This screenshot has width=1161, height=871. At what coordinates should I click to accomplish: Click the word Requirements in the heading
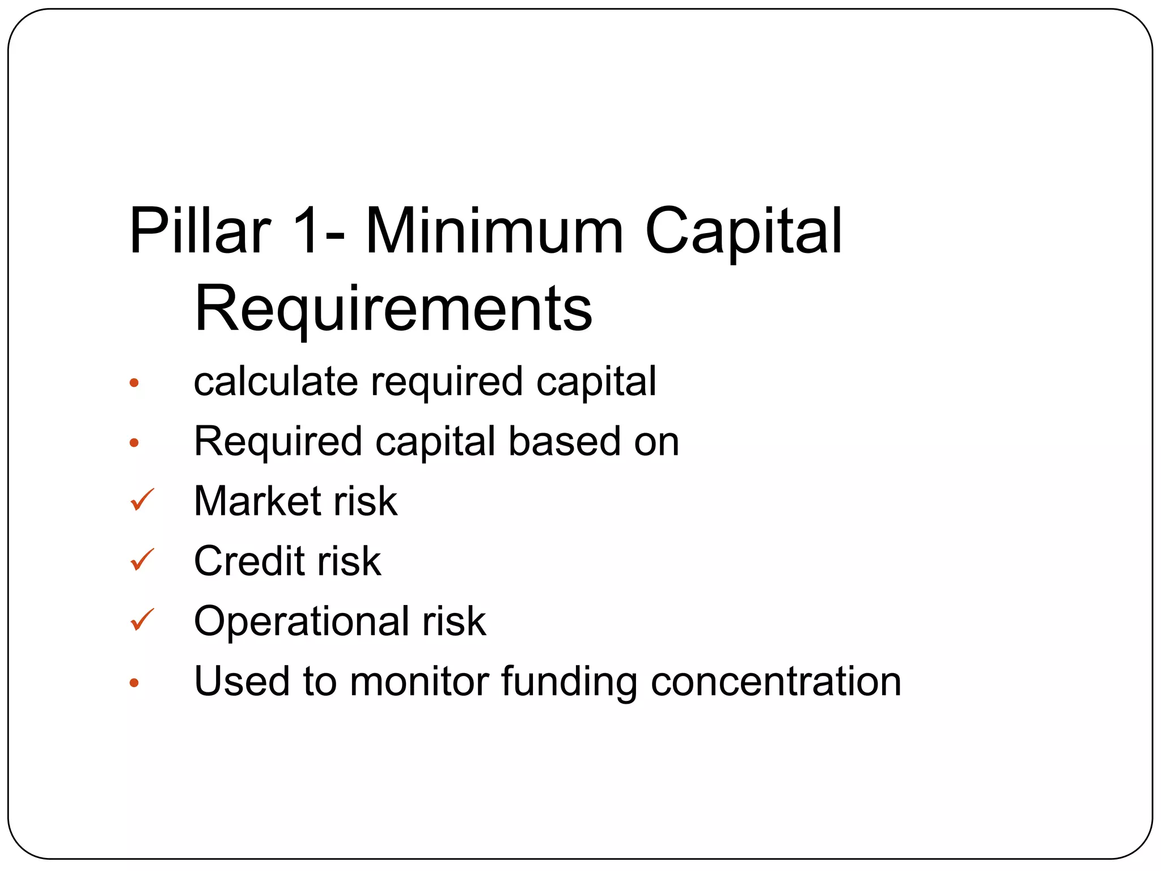(x=393, y=310)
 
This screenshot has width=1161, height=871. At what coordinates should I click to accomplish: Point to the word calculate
(x=276, y=381)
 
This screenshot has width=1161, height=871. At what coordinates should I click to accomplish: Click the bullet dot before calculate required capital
(x=134, y=383)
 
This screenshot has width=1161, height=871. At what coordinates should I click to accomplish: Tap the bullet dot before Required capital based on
(x=134, y=443)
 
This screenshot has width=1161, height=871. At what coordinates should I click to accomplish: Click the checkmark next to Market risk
(x=142, y=500)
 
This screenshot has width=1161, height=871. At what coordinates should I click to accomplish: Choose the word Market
(x=257, y=501)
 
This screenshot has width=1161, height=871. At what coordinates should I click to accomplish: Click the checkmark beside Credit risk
(x=142, y=560)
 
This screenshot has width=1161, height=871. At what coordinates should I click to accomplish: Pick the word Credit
(x=249, y=561)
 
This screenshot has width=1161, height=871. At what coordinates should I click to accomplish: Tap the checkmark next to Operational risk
(x=142, y=620)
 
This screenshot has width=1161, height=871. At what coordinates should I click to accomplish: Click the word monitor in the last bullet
(x=420, y=682)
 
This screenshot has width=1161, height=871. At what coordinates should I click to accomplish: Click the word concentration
(x=776, y=682)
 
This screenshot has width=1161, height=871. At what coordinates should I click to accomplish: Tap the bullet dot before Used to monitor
(x=134, y=683)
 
